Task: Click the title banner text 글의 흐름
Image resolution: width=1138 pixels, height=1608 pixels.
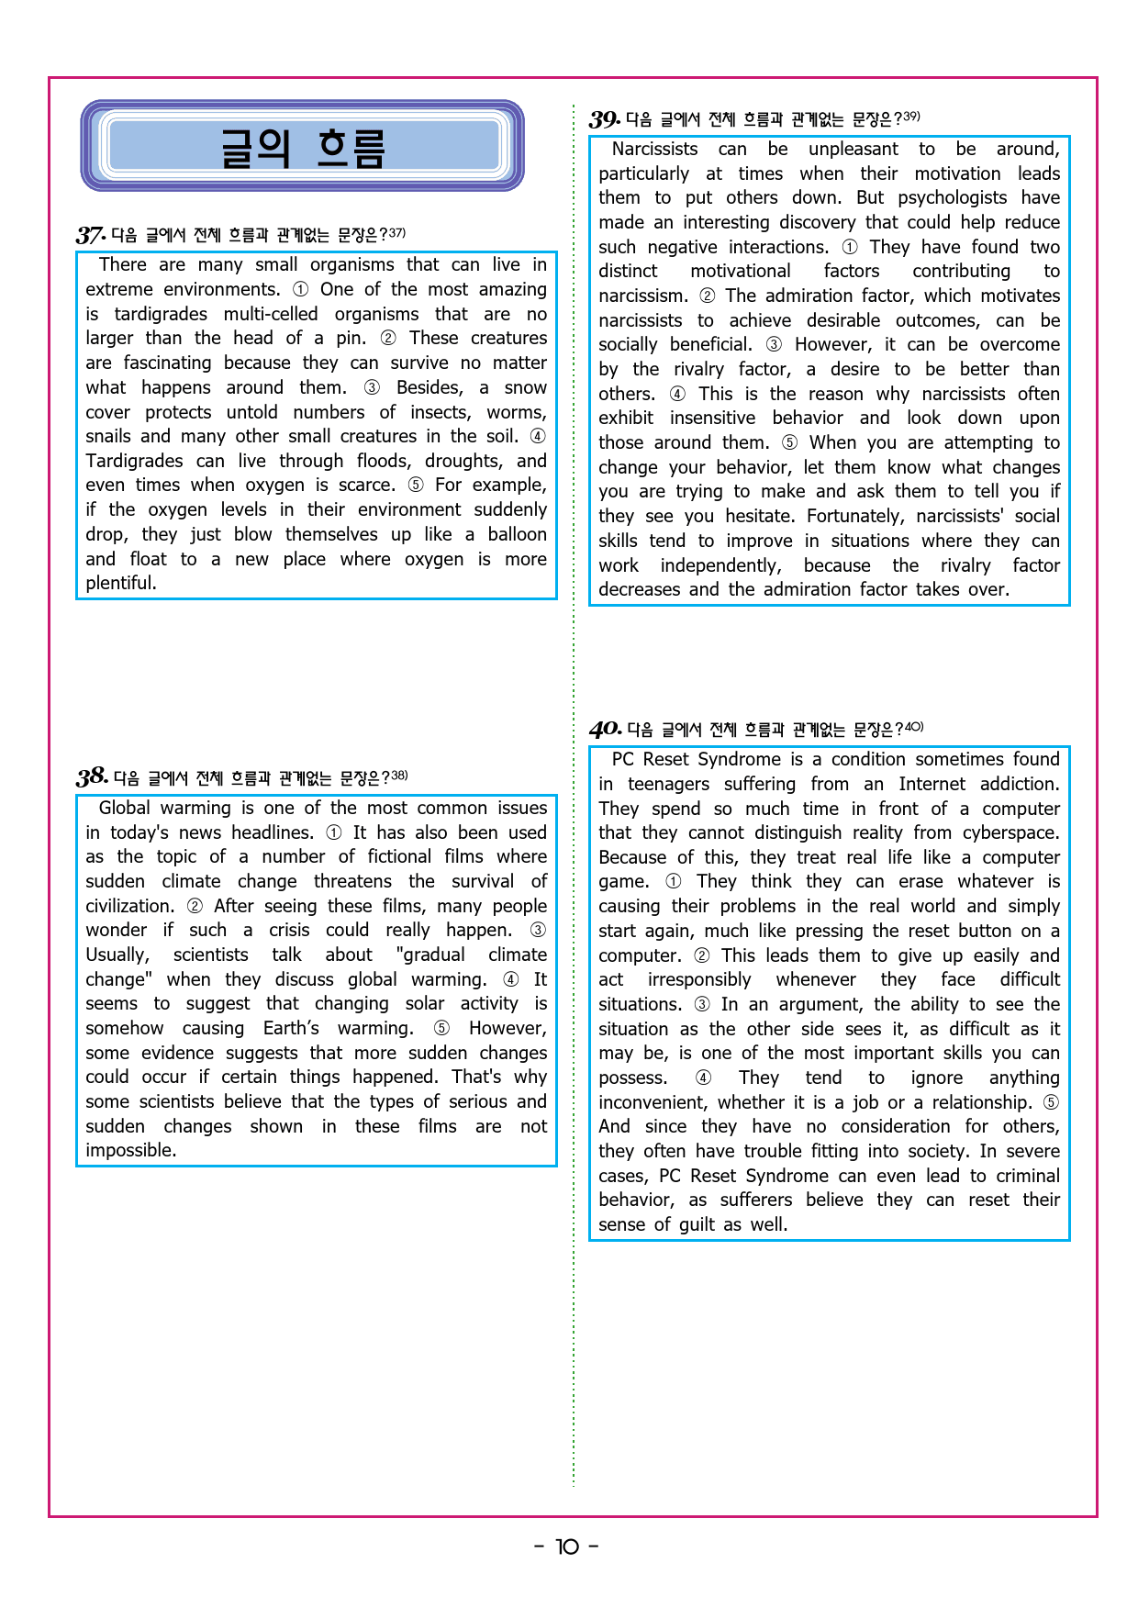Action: (303, 148)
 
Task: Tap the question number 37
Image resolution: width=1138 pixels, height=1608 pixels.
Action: (90, 235)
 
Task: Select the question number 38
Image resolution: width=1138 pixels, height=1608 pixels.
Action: (92, 777)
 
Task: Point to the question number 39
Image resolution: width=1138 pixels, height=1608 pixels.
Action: (604, 119)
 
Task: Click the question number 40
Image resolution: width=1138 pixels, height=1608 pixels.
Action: (605, 730)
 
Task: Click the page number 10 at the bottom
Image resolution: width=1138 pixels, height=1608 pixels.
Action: (567, 1547)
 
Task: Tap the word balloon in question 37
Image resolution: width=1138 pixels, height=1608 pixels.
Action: (517, 534)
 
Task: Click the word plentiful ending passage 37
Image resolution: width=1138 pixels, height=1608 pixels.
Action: (120, 583)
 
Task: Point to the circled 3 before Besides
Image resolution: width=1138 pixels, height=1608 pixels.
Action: (372, 387)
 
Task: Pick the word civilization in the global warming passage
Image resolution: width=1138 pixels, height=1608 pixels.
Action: (129, 906)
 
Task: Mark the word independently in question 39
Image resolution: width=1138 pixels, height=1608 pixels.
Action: (720, 565)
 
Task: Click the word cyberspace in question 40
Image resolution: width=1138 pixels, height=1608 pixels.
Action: (1010, 832)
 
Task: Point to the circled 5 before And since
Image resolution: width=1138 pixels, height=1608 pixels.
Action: (1051, 1102)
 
